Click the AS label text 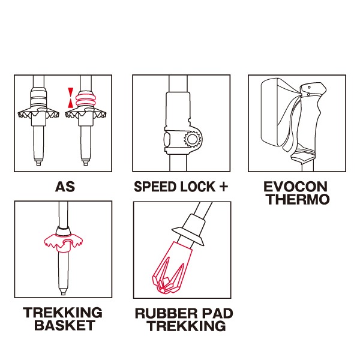pyautogui.click(x=65, y=187)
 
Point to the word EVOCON pyautogui.click(x=295, y=187)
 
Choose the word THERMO pyautogui.click(x=298, y=199)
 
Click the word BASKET pyautogui.click(x=65, y=325)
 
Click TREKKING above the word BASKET pyautogui.click(x=62, y=313)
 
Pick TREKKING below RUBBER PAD pyautogui.click(x=187, y=326)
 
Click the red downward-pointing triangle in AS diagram pyautogui.click(x=71, y=91)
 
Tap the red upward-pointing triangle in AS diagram pyautogui.click(x=71, y=104)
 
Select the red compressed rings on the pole pyautogui.click(x=85, y=100)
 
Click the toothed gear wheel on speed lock pyautogui.click(x=193, y=139)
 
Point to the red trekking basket pyautogui.click(x=63, y=242)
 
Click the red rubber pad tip pyautogui.click(x=172, y=268)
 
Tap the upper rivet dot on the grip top pyautogui.click(x=309, y=87)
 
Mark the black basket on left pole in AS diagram pyautogui.click(x=38, y=114)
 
